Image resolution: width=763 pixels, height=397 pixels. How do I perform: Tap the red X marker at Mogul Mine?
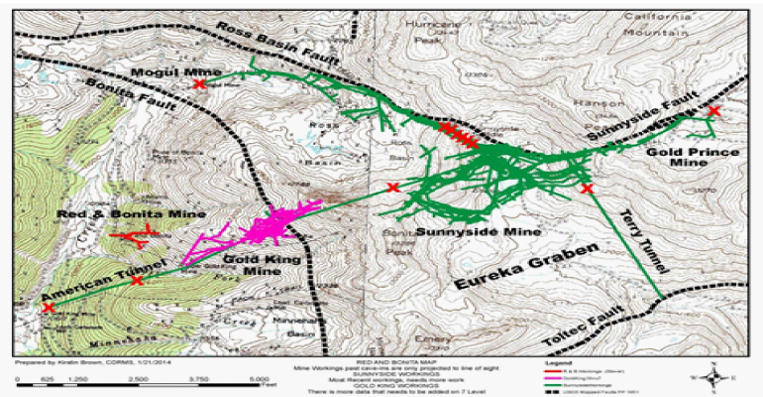pos(199,85)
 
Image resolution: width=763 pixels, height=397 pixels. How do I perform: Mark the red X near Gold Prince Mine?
pos(714,111)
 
